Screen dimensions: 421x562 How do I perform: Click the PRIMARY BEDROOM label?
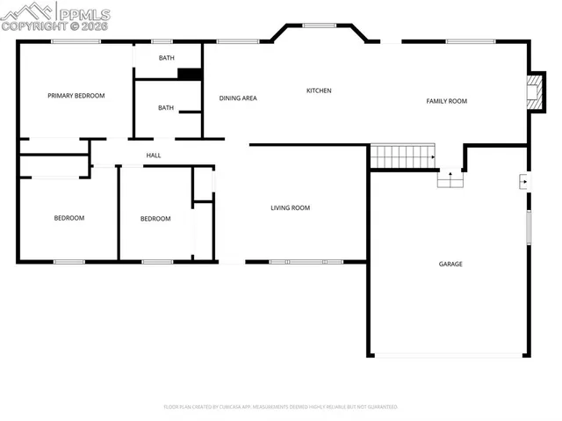(x=76, y=96)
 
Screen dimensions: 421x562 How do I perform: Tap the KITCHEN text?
(x=319, y=91)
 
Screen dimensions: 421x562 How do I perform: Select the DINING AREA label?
(x=238, y=98)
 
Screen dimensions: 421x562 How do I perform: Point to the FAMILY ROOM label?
(x=447, y=101)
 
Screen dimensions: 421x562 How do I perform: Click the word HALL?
(x=154, y=156)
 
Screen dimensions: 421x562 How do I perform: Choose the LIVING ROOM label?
(x=290, y=208)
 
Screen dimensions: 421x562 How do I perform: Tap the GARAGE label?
(x=450, y=264)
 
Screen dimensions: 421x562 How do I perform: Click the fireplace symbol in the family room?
(x=532, y=91)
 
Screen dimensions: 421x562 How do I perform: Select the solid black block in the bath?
(x=190, y=74)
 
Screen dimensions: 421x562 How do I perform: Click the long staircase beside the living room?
(x=403, y=156)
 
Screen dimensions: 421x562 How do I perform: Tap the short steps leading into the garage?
(x=450, y=178)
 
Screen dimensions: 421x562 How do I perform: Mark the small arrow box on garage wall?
(x=523, y=182)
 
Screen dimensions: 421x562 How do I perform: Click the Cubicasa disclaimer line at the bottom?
(x=281, y=407)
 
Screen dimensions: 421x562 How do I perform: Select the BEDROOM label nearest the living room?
(x=155, y=219)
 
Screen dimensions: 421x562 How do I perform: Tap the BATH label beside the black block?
(x=166, y=58)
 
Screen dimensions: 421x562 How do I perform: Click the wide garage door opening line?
(x=450, y=356)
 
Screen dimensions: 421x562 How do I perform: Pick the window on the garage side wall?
(x=529, y=228)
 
